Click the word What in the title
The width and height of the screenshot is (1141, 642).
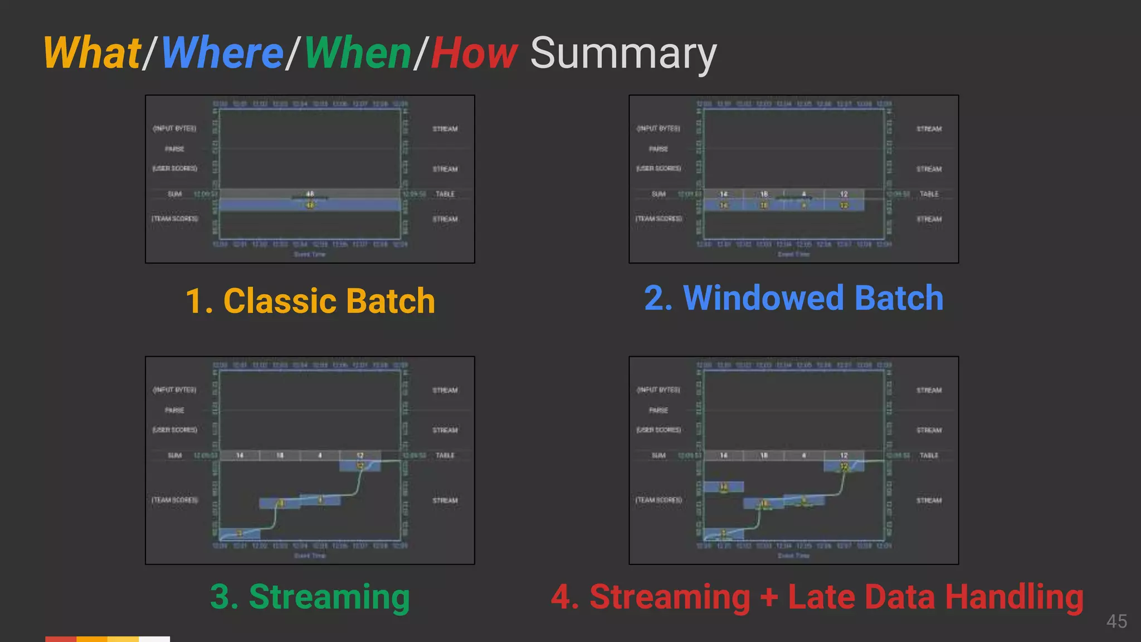(x=92, y=53)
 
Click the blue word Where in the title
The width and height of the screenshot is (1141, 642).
(x=222, y=53)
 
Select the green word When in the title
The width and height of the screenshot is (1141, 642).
(x=358, y=53)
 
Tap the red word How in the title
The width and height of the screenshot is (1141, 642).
(x=474, y=53)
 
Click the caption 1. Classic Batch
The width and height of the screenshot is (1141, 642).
(x=310, y=301)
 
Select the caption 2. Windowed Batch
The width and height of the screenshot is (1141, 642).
(x=793, y=298)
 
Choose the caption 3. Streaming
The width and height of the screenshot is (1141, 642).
(x=310, y=596)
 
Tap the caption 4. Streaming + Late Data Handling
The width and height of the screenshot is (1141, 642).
(x=817, y=596)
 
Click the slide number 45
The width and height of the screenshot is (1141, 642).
(x=1116, y=621)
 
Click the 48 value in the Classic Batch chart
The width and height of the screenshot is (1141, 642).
(x=310, y=194)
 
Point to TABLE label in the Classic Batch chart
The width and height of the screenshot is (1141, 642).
(x=445, y=194)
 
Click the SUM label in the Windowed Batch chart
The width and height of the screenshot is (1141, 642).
(x=659, y=194)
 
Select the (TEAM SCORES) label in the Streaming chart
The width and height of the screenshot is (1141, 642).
(x=174, y=500)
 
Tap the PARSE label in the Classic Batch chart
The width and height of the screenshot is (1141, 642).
(x=174, y=149)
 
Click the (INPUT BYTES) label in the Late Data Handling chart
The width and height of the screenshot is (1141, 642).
(x=659, y=390)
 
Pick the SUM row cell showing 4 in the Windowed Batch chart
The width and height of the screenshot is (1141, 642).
(x=804, y=194)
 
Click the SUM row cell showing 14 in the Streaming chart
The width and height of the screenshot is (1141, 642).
(x=240, y=455)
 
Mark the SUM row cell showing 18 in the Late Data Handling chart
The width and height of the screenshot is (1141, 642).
(x=764, y=455)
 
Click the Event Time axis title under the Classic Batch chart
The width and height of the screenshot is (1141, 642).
(x=310, y=255)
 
